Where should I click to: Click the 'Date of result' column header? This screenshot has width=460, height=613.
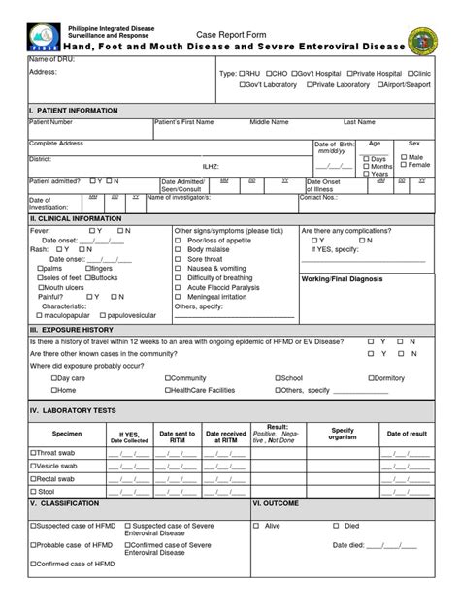(x=407, y=433)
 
